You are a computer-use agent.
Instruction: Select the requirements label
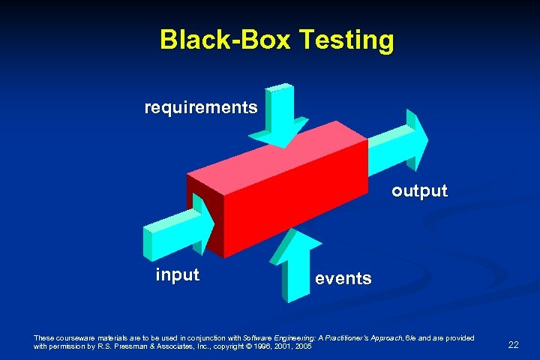click(x=201, y=108)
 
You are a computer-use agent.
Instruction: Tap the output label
click(x=419, y=191)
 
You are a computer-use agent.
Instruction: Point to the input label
click(x=177, y=274)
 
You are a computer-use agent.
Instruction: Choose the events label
click(x=343, y=279)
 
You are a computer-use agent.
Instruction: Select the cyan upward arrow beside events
click(x=294, y=266)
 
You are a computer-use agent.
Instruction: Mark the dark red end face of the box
click(x=204, y=209)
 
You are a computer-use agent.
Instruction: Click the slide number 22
click(x=514, y=344)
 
